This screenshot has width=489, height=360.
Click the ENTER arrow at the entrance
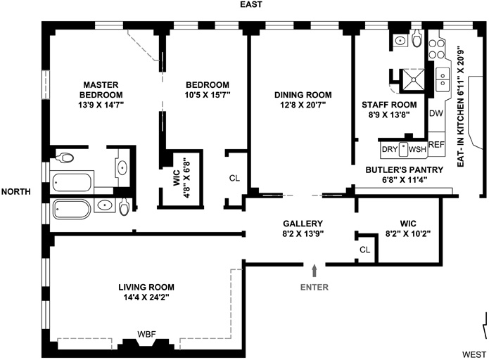pyautogui.click(x=315, y=271)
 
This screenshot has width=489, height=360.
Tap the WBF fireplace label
pyautogui.click(x=146, y=335)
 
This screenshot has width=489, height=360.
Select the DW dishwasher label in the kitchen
pyautogui.click(x=436, y=113)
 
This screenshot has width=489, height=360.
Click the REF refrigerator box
pyautogui.click(x=436, y=144)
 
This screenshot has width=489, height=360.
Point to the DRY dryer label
pyautogui.click(x=390, y=149)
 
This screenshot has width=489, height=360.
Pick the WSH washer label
pyautogui.click(x=417, y=149)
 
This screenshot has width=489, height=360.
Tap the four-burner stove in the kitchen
pyautogui.click(x=436, y=49)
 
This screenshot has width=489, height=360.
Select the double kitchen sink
pyautogui.click(x=443, y=79)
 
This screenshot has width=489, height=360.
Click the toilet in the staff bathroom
pyautogui.click(x=417, y=38)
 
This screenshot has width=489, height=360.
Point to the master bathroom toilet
pyautogui.click(x=64, y=157)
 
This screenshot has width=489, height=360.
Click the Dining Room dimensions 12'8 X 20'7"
pyautogui.click(x=303, y=105)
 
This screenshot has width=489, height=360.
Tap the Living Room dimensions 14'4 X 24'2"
pyautogui.click(x=146, y=297)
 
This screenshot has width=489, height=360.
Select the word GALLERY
pyautogui.click(x=303, y=224)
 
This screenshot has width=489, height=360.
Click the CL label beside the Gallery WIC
pyautogui.click(x=365, y=250)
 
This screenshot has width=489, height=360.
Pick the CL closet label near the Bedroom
pyautogui.click(x=234, y=179)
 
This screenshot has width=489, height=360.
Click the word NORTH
pyautogui.click(x=16, y=191)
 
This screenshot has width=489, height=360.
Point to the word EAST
pyautogui.click(x=251, y=4)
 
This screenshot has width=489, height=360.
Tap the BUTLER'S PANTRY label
pyautogui.click(x=404, y=170)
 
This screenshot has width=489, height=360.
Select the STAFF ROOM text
pyautogui.click(x=389, y=105)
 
